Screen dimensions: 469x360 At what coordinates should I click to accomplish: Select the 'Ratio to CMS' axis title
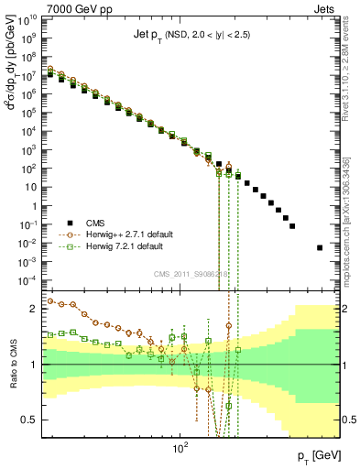(10, 365)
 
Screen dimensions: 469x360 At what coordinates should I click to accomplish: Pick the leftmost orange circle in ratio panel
(50, 300)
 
